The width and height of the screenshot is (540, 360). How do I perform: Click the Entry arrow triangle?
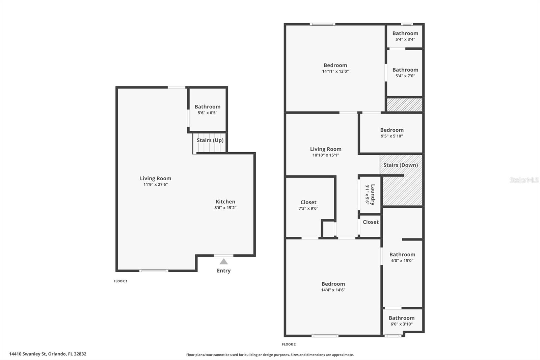(x=223, y=261)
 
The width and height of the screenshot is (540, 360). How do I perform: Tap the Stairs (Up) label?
(x=210, y=140)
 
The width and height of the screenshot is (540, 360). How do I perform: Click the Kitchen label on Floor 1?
(x=225, y=202)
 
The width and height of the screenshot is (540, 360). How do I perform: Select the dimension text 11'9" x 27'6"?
(x=156, y=184)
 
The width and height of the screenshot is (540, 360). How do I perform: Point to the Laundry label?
(x=373, y=195)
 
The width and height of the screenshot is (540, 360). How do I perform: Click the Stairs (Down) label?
(x=401, y=165)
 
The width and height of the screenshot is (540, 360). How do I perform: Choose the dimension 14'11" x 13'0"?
(x=335, y=71)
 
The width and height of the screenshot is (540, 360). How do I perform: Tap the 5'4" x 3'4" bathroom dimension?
(x=405, y=39)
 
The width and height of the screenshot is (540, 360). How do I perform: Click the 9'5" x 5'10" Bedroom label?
(x=392, y=130)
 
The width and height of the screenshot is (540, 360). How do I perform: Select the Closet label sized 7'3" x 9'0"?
(x=308, y=202)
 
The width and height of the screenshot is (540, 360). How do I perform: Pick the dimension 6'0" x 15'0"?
(x=402, y=260)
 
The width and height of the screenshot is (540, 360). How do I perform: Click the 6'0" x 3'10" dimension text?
(x=401, y=324)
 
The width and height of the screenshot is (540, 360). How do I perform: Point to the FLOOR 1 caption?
(x=120, y=281)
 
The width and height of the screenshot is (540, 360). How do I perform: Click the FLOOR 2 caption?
(x=289, y=344)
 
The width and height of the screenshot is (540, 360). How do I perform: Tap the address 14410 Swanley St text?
(x=48, y=354)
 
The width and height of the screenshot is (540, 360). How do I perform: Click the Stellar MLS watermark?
(x=524, y=180)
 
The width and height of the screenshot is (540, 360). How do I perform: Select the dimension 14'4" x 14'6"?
(x=333, y=290)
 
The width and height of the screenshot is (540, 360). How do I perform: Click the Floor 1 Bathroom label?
(x=207, y=107)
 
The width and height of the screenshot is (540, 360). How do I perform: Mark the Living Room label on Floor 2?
(x=326, y=149)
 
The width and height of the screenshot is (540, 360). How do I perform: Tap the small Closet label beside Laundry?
(x=371, y=222)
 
